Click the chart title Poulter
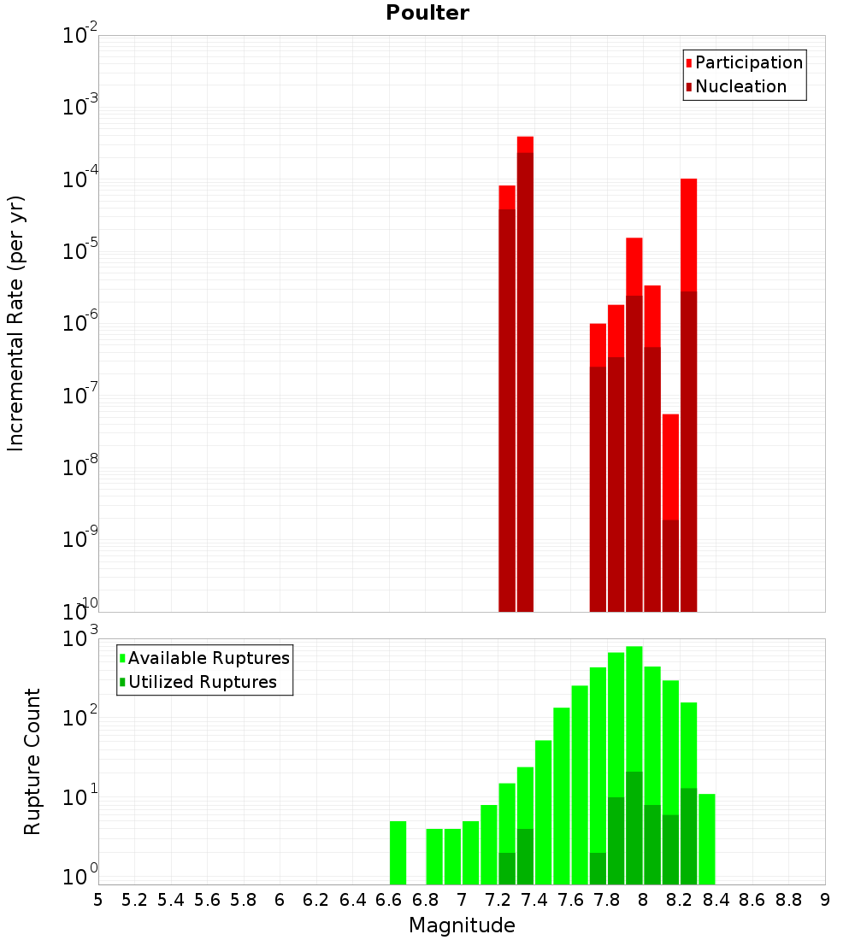pyautogui.click(x=427, y=13)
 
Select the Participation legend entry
pyautogui.click(x=748, y=62)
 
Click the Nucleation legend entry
pyautogui.click(x=740, y=86)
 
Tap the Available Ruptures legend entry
pyautogui.click(x=208, y=658)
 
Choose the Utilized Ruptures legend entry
pyautogui.click(x=202, y=682)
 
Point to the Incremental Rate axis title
pyautogui.click(x=16, y=323)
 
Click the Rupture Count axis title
pyautogui.click(x=32, y=761)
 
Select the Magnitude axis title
pyautogui.click(x=462, y=925)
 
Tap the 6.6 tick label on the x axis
pyautogui.click(x=388, y=899)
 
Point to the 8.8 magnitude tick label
pyautogui.click(x=788, y=899)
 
